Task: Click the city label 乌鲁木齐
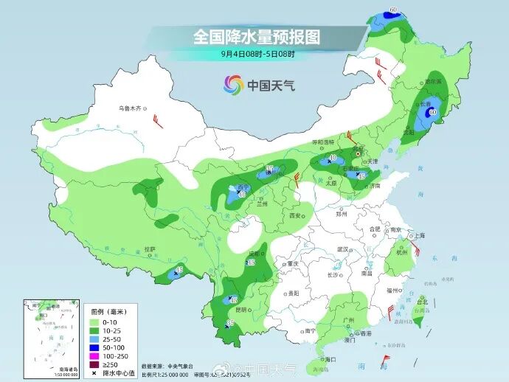129,108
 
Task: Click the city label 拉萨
150,249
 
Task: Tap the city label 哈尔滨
432,81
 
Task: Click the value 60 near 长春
433,112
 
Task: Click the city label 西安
295,215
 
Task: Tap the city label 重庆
293,263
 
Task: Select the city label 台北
422,302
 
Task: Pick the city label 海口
330,359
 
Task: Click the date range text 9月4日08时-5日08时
257,54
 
